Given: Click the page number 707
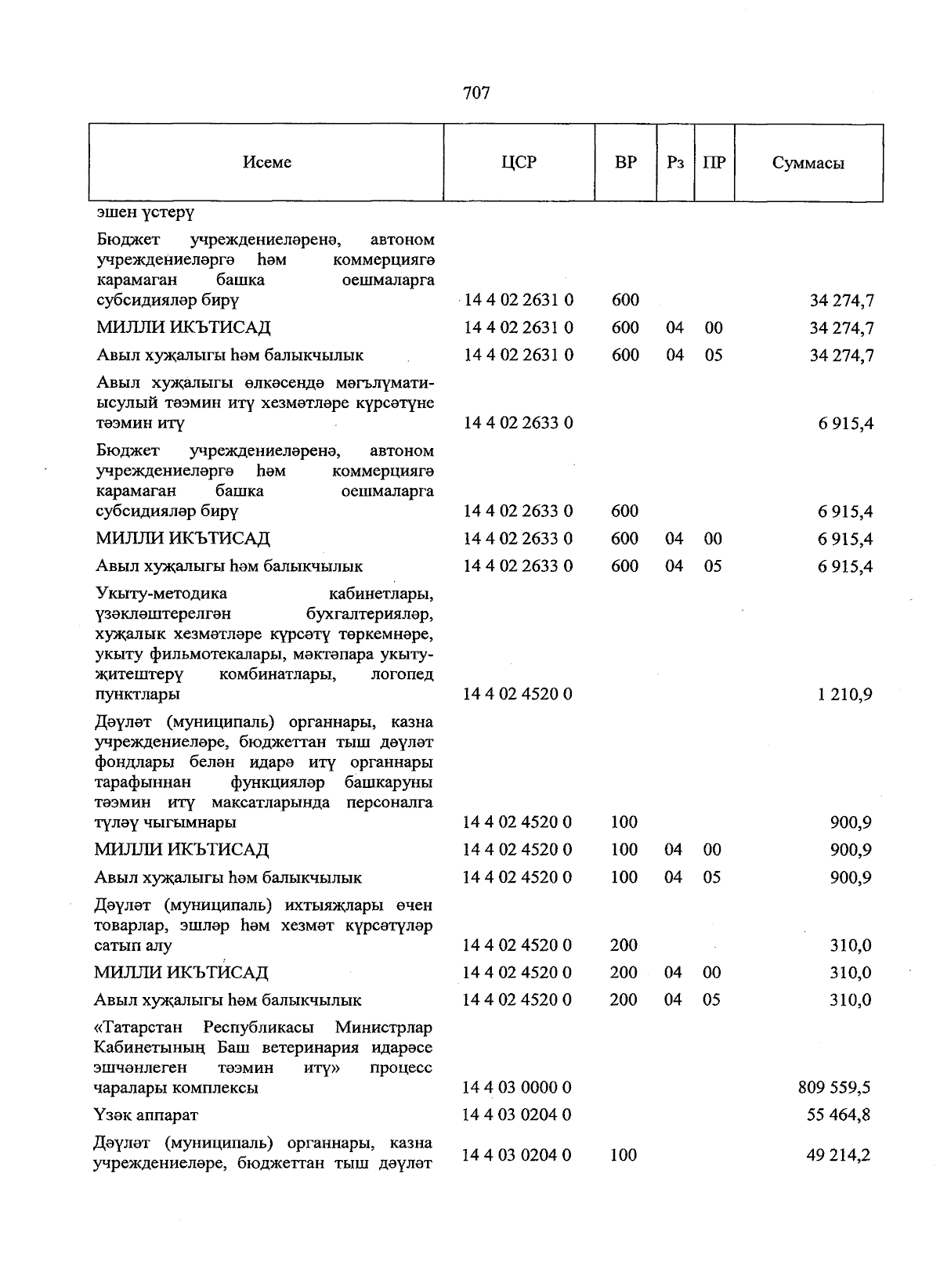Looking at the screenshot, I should tap(476, 93).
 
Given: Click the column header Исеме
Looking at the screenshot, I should tap(267, 162).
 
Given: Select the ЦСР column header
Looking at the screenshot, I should tap(519, 162).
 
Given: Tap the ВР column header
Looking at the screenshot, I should tap(625, 162).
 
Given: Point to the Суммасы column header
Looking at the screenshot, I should tap(808, 163).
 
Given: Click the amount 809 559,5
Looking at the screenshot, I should tap(833, 1087).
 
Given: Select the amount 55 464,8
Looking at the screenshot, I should tap(838, 1115).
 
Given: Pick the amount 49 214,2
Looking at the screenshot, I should tap(838, 1154).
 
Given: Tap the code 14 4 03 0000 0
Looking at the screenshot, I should tap(517, 1087).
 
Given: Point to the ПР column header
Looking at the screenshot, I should tap(714, 162).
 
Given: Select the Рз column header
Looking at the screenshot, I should tap(674, 162).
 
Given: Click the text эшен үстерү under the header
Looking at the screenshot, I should tap(145, 212).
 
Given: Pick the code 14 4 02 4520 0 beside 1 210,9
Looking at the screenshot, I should tap(518, 694).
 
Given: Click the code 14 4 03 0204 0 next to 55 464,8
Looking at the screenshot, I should tap(517, 1115).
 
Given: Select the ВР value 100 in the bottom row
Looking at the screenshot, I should tap(624, 1154).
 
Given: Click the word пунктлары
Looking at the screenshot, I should tap(137, 694).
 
